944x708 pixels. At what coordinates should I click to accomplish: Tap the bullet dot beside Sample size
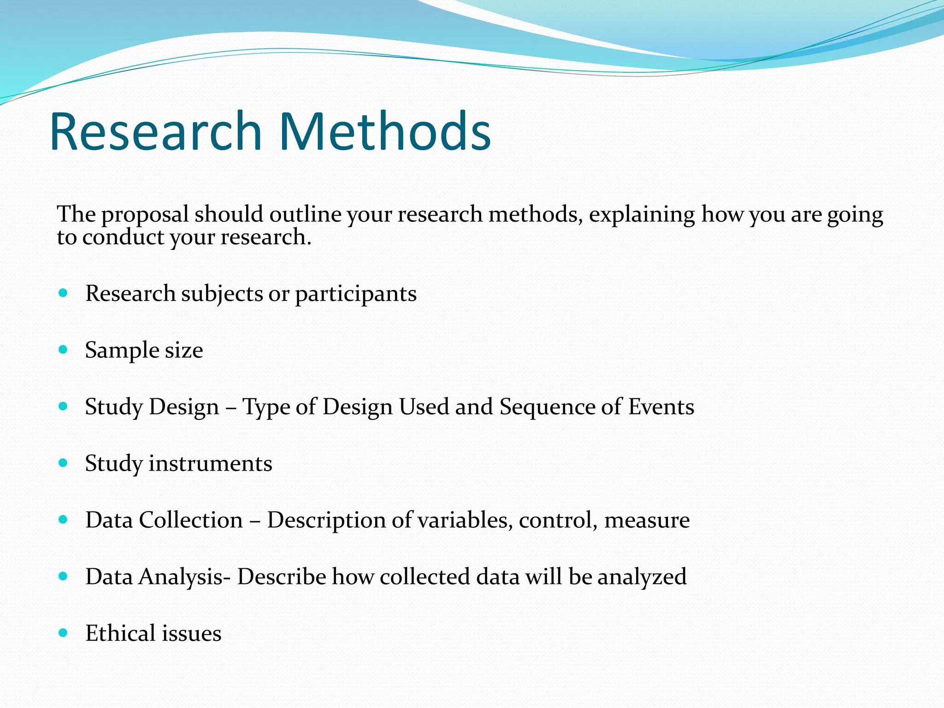[64, 349]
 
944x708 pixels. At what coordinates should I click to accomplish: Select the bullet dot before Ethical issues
[64, 632]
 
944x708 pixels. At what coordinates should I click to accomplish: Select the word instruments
[210, 464]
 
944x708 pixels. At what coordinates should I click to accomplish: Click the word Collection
[191, 520]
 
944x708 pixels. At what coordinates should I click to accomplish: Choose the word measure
[647, 520]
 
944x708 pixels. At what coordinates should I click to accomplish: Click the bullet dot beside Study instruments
[64, 463]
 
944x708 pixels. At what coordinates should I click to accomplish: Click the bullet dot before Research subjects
[64, 293]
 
